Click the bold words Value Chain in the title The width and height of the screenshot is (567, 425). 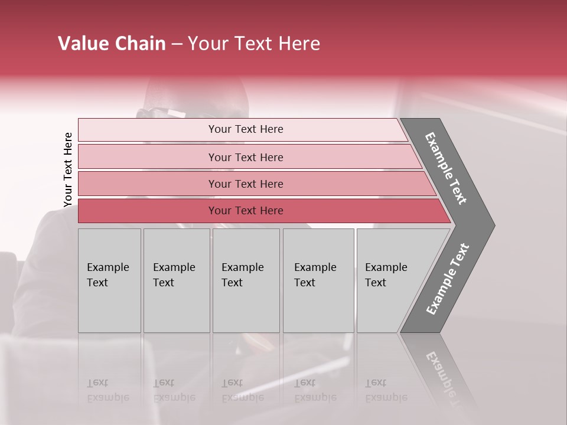(x=112, y=44)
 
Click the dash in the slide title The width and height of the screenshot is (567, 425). (x=177, y=44)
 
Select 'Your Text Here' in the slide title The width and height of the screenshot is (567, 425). (x=254, y=44)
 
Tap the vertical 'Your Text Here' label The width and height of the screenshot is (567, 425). (x=68, y=170)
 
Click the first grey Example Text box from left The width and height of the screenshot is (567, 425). (x=109, y=280)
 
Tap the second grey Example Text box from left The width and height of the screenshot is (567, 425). (x=177, y=280)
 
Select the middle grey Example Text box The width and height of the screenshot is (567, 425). (x=246, y=280)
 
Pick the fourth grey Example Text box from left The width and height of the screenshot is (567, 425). (x=318, y=280)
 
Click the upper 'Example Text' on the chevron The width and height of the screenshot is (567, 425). (x=446, y=168)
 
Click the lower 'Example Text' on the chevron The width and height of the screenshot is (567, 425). (x=448, y=279)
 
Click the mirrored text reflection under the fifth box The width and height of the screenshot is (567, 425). (x=385, y=390)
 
